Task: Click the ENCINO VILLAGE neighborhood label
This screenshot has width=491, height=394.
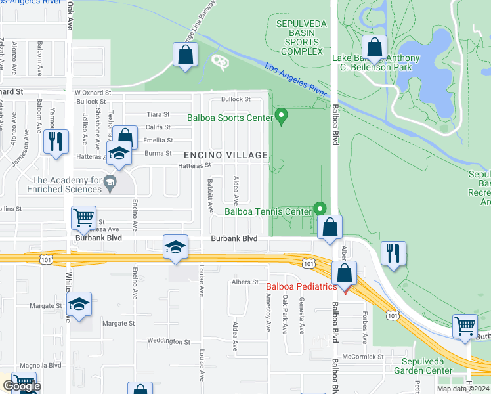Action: click(226, 156)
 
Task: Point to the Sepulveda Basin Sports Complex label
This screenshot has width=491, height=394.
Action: click(299, 37)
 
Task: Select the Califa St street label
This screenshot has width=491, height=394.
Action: click(158, 127)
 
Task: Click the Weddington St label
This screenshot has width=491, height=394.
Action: click(169, 341)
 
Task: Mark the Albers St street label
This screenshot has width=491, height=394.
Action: click(245, 282)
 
